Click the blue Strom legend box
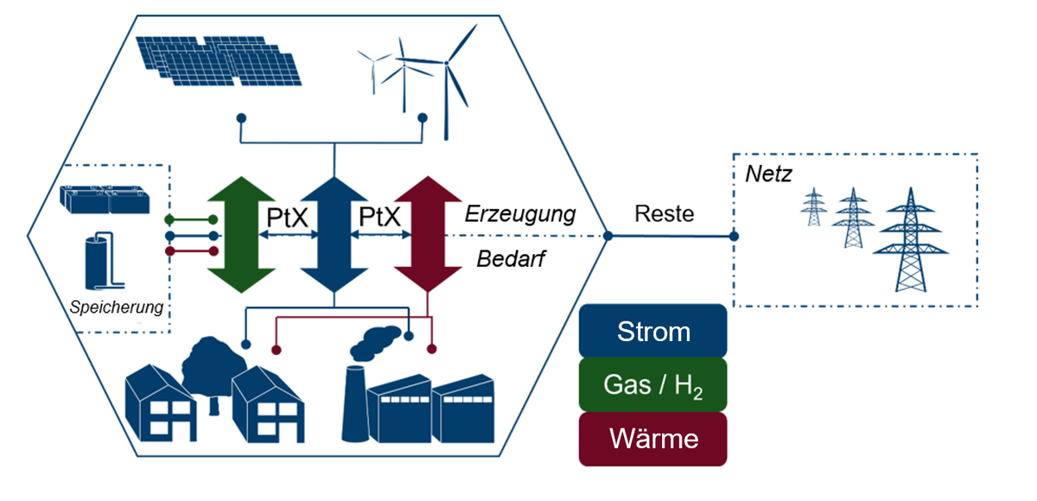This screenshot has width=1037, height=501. coord(652,331)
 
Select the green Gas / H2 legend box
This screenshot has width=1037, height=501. coord(652,384)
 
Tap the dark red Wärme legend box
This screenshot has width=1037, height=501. coord(652,439)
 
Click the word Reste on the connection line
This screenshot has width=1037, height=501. coord(664,213)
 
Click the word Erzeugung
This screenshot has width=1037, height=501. coord(520,213)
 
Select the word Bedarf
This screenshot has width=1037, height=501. coord(512,258)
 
